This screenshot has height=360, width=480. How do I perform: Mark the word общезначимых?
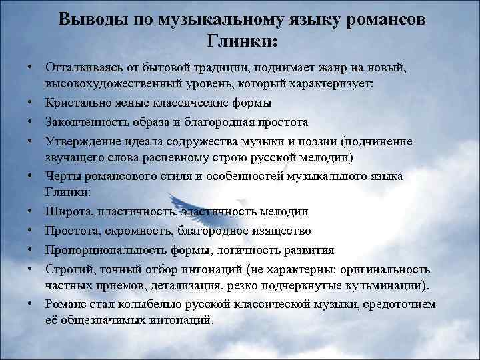click(104, 320)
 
